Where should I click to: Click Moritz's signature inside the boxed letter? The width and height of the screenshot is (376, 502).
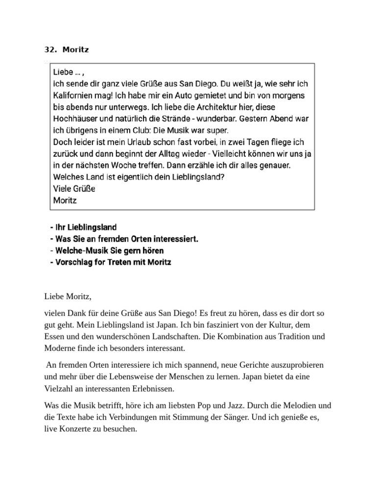[65, 201]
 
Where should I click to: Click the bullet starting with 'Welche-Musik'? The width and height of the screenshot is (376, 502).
[107, 251]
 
